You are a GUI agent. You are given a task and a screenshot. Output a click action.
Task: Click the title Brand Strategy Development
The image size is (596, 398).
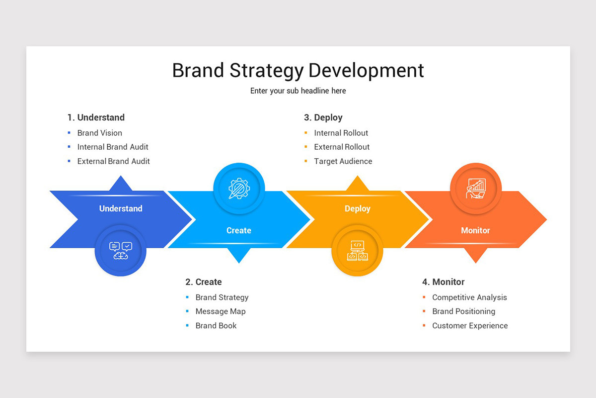point(298,70)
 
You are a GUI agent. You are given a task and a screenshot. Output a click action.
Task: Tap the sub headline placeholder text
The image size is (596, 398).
point(298,91)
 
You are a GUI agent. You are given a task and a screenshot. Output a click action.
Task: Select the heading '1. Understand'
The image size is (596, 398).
point(96,117)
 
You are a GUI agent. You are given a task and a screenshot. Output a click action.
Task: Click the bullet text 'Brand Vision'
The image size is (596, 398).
point(99,133)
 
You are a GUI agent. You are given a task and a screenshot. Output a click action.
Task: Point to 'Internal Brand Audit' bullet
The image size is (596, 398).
point(113,147)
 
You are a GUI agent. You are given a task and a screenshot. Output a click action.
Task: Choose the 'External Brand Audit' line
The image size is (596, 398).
point(113,161)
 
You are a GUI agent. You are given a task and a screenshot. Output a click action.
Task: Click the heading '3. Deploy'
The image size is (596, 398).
point(323,117)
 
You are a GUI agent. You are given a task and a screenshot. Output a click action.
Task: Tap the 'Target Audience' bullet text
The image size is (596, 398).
point(343,161)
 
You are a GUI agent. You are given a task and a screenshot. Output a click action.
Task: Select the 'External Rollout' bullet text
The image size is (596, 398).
point(342,147)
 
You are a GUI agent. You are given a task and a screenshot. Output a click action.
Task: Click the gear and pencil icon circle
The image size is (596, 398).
point(239,189)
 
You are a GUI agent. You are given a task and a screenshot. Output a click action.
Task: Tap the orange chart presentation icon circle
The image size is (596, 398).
point(476,189)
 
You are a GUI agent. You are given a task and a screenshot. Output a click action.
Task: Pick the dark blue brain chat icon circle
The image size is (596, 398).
point(121,250)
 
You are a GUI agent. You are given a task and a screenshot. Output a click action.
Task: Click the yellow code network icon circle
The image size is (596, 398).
point(357,250)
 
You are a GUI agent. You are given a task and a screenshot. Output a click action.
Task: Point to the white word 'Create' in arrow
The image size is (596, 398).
point(239,230)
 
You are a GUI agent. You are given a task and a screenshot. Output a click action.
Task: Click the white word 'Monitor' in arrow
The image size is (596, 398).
point(475,230)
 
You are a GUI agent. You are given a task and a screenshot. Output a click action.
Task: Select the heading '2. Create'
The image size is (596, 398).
point(204,282)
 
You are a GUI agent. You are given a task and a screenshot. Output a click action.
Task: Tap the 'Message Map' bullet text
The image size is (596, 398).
point(221,311)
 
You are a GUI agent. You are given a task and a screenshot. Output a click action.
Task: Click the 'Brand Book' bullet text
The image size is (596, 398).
point(216,326)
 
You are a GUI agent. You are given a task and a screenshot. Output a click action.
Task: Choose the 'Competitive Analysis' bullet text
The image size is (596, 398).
point(469,298)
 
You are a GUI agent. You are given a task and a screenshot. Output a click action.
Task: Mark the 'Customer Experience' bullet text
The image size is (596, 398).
point(470,326)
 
